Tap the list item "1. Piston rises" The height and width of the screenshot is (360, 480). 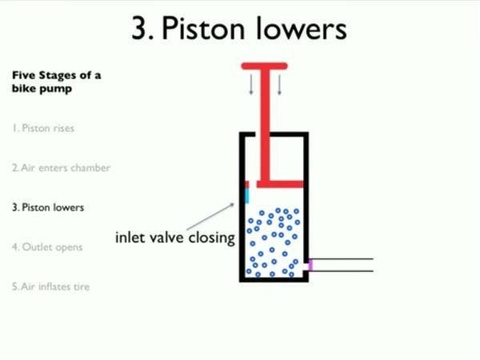(46, 128)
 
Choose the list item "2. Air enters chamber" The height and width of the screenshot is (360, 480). (61, 168)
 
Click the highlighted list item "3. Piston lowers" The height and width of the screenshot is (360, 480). (47, 207)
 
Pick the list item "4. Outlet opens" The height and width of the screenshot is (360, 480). (47, 247)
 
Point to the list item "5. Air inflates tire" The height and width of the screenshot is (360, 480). (50, 286)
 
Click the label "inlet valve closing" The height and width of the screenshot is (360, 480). (174, 238)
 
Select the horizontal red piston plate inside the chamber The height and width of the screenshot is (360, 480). (280, 184)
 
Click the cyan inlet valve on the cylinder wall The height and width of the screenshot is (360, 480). (247, 194)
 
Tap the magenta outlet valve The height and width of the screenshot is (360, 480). (310, 264)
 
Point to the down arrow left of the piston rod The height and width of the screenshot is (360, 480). (251, 83)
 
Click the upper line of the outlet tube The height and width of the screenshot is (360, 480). (344, 259)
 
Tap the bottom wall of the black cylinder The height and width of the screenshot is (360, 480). (274, 279)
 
